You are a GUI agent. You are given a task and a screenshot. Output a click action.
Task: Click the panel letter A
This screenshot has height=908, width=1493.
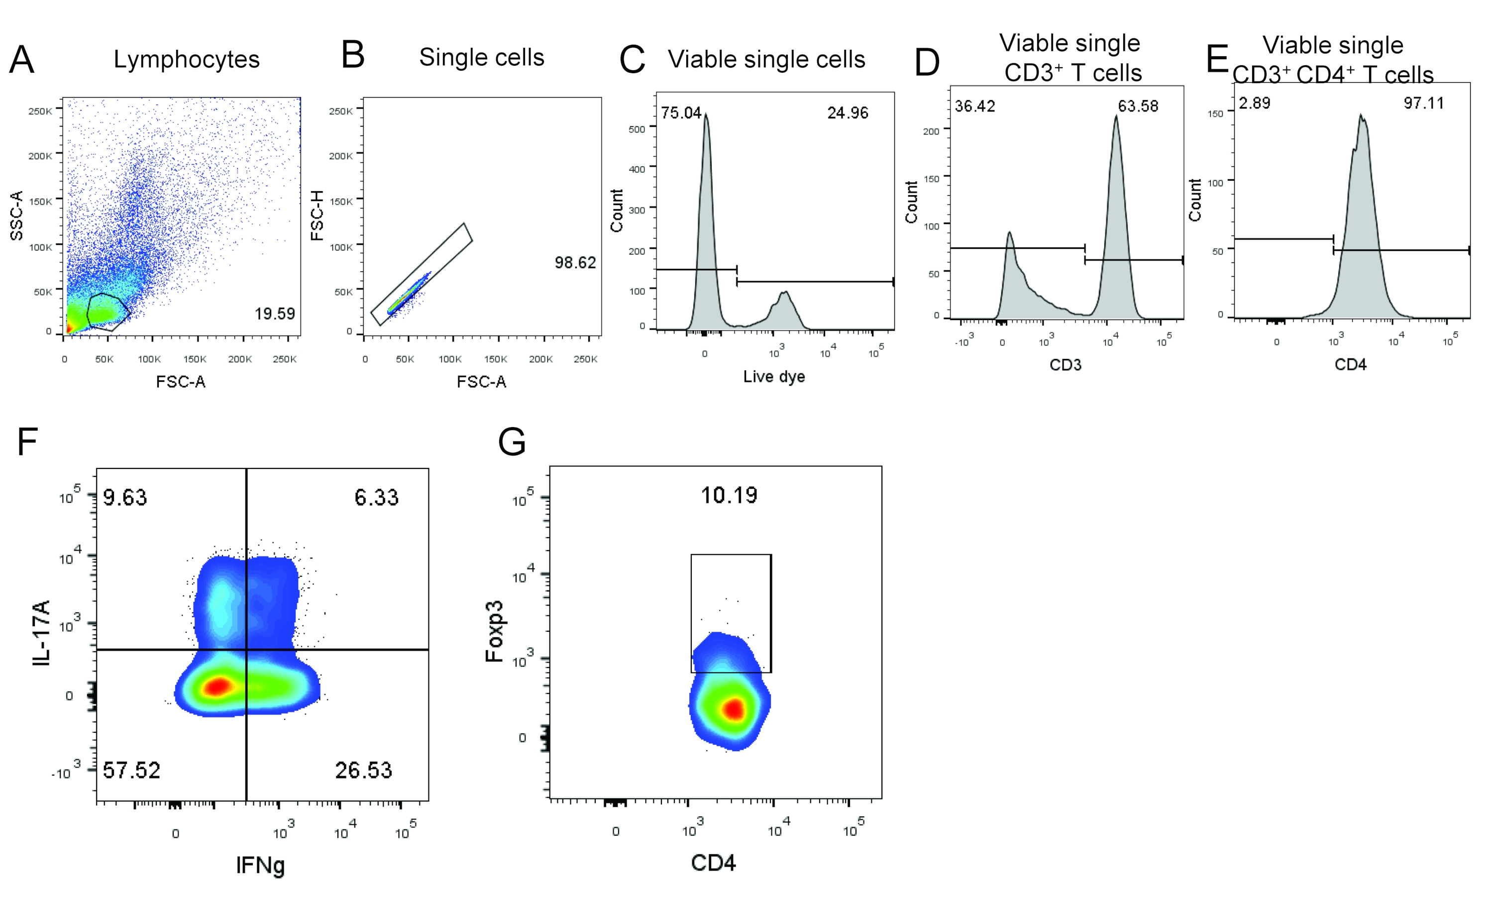[22, 60]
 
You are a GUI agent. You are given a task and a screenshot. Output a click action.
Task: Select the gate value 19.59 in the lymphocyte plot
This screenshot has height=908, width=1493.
[275, 314]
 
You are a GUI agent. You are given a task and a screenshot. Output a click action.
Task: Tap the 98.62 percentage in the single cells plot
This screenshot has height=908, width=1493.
[575, 262]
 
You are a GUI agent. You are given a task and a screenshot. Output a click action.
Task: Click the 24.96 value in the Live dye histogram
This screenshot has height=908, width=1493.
[847, 113]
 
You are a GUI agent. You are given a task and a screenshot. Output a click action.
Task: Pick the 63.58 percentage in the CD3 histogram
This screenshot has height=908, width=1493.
[1137, 106]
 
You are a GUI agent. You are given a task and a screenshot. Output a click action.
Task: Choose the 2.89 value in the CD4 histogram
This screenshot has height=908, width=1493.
[1254, 103]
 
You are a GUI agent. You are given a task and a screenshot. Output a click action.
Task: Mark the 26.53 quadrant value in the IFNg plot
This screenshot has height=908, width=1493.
[364, 771]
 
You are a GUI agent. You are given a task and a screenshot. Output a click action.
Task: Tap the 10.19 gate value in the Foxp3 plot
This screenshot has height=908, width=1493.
[729, 495]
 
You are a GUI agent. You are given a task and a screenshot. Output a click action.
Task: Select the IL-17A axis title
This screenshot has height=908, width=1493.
[41, 633]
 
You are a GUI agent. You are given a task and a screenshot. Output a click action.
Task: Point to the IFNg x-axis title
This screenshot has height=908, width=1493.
[261, 865]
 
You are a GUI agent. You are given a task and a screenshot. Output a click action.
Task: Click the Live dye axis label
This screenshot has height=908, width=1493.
[774, 376]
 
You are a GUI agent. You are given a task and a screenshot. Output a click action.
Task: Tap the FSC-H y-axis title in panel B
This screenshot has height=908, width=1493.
[317, 216]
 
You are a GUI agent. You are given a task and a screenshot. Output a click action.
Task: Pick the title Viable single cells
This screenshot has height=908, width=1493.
[766, 59]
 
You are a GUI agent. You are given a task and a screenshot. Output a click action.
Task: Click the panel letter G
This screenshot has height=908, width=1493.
[512, 442]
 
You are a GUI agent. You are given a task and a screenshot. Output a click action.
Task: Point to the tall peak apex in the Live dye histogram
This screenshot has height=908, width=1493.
[706, 114]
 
